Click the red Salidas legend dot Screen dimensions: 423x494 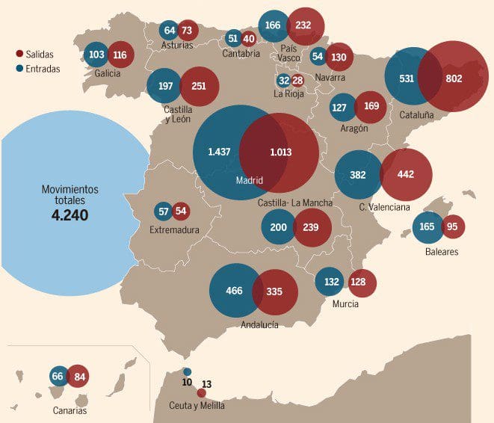(19, 54)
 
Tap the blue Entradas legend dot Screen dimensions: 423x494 (19, 69)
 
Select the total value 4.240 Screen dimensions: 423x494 (70, 215)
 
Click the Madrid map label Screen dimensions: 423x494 (250, 180)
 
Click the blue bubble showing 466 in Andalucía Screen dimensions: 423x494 (233, 291)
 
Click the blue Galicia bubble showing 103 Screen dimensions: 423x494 (96, 55)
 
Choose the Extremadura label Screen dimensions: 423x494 (174, 230)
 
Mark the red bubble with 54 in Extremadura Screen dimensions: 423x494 (181, 211)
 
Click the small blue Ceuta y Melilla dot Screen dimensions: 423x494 (187, 371)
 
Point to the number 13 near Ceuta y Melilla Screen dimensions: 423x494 (207, 384)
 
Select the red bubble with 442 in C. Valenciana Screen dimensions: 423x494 (406, 175)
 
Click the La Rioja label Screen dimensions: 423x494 (288, 93)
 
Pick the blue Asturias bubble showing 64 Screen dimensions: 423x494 (169, 31)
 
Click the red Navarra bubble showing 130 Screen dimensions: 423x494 (339, 57)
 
